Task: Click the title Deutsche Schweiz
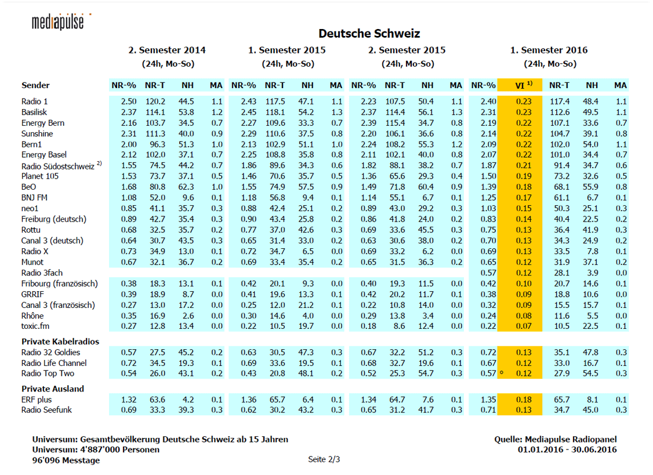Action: click(x=369, y=33)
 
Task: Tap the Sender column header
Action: click(x=35, y=85)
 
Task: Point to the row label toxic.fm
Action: click(x=35, y=327)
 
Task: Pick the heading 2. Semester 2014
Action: click(x=167, y=50)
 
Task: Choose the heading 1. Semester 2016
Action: click(x=549, y=50)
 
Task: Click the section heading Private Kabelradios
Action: click(x=60, y=342)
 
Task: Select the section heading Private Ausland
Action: click(x=52, y=389)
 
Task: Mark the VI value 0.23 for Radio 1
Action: click(x=524, y=101)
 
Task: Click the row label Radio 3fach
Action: click(x=42, y=273)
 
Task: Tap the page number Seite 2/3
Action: click(x=324, y=459)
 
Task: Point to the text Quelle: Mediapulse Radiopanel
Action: click(x=556, y=439)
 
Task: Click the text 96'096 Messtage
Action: click(x=66, y=461)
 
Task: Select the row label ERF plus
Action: click(x=37, y=400)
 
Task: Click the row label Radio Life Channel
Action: click(x=54, y=363)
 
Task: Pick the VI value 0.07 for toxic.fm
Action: click(x=524, y=327)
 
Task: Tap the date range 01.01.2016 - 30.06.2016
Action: click(x=567, y=449)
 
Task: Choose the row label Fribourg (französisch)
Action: click(x=60, y=284)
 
